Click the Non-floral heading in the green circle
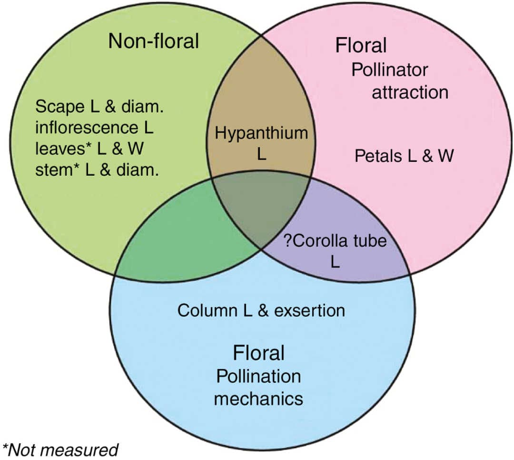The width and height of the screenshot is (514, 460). point(153,41)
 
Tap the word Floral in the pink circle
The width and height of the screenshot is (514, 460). point(361,46)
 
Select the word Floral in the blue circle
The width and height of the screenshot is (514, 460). point(258,353)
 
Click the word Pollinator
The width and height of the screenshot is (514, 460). point(390,70)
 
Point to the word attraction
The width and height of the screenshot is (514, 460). point(410,92)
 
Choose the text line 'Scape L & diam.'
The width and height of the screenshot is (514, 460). point(99,107)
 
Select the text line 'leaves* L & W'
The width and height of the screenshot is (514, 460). point(89,149)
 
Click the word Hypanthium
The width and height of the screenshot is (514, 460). point(261,133)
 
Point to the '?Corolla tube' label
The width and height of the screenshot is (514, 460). point(335,241)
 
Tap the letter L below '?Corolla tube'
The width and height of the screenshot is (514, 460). point(335,262)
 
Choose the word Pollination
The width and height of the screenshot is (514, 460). point(258,376)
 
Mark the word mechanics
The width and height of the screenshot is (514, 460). point(258,398)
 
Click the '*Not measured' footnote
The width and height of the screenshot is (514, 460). point(60,449)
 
